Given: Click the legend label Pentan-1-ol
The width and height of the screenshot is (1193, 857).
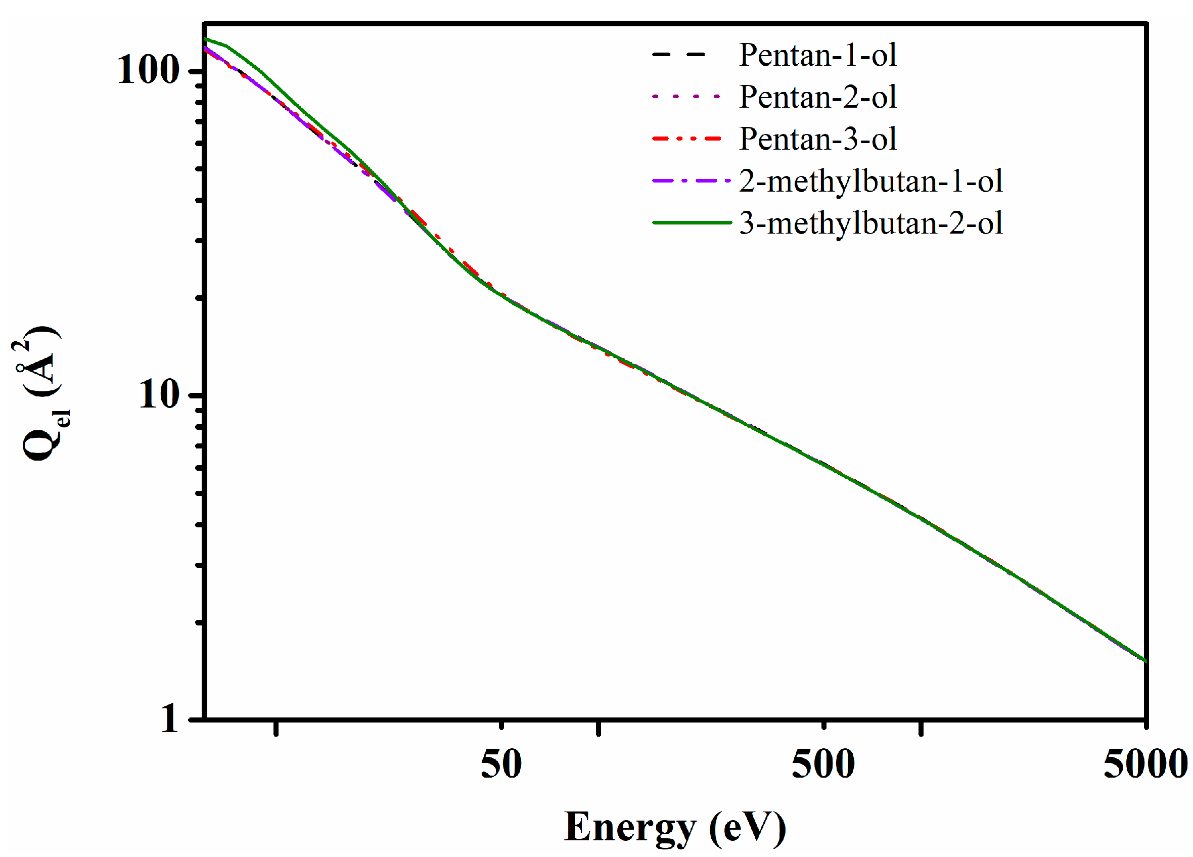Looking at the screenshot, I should (817, 55).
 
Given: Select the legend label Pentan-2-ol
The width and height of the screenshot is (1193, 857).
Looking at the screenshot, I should (817, 97).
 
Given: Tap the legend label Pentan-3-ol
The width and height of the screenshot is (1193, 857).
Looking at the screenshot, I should (817, 140).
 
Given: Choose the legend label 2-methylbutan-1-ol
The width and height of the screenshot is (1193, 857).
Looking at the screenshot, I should (870, 182).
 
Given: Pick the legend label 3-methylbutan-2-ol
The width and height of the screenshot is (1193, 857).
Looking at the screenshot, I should (870, 223).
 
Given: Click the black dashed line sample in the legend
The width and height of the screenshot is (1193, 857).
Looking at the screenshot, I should (678, 54).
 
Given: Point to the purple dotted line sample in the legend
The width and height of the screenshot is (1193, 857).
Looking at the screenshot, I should (686, 96).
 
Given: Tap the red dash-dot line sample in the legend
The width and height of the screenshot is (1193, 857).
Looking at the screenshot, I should (686, 139).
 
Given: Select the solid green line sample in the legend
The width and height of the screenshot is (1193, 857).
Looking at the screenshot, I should (691, 222).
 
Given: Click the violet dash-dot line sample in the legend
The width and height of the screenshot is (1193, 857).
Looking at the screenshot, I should (691, 181).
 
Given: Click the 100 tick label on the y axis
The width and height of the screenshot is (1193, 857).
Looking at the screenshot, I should (149, 70).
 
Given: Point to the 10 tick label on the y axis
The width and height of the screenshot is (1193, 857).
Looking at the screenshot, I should (159, 394).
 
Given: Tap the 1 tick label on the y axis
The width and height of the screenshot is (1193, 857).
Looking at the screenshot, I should (170, 718).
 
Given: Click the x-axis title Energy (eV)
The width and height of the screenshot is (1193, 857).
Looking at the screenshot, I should (675, 828).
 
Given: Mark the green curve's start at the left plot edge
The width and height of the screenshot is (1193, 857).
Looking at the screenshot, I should (206, 38).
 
